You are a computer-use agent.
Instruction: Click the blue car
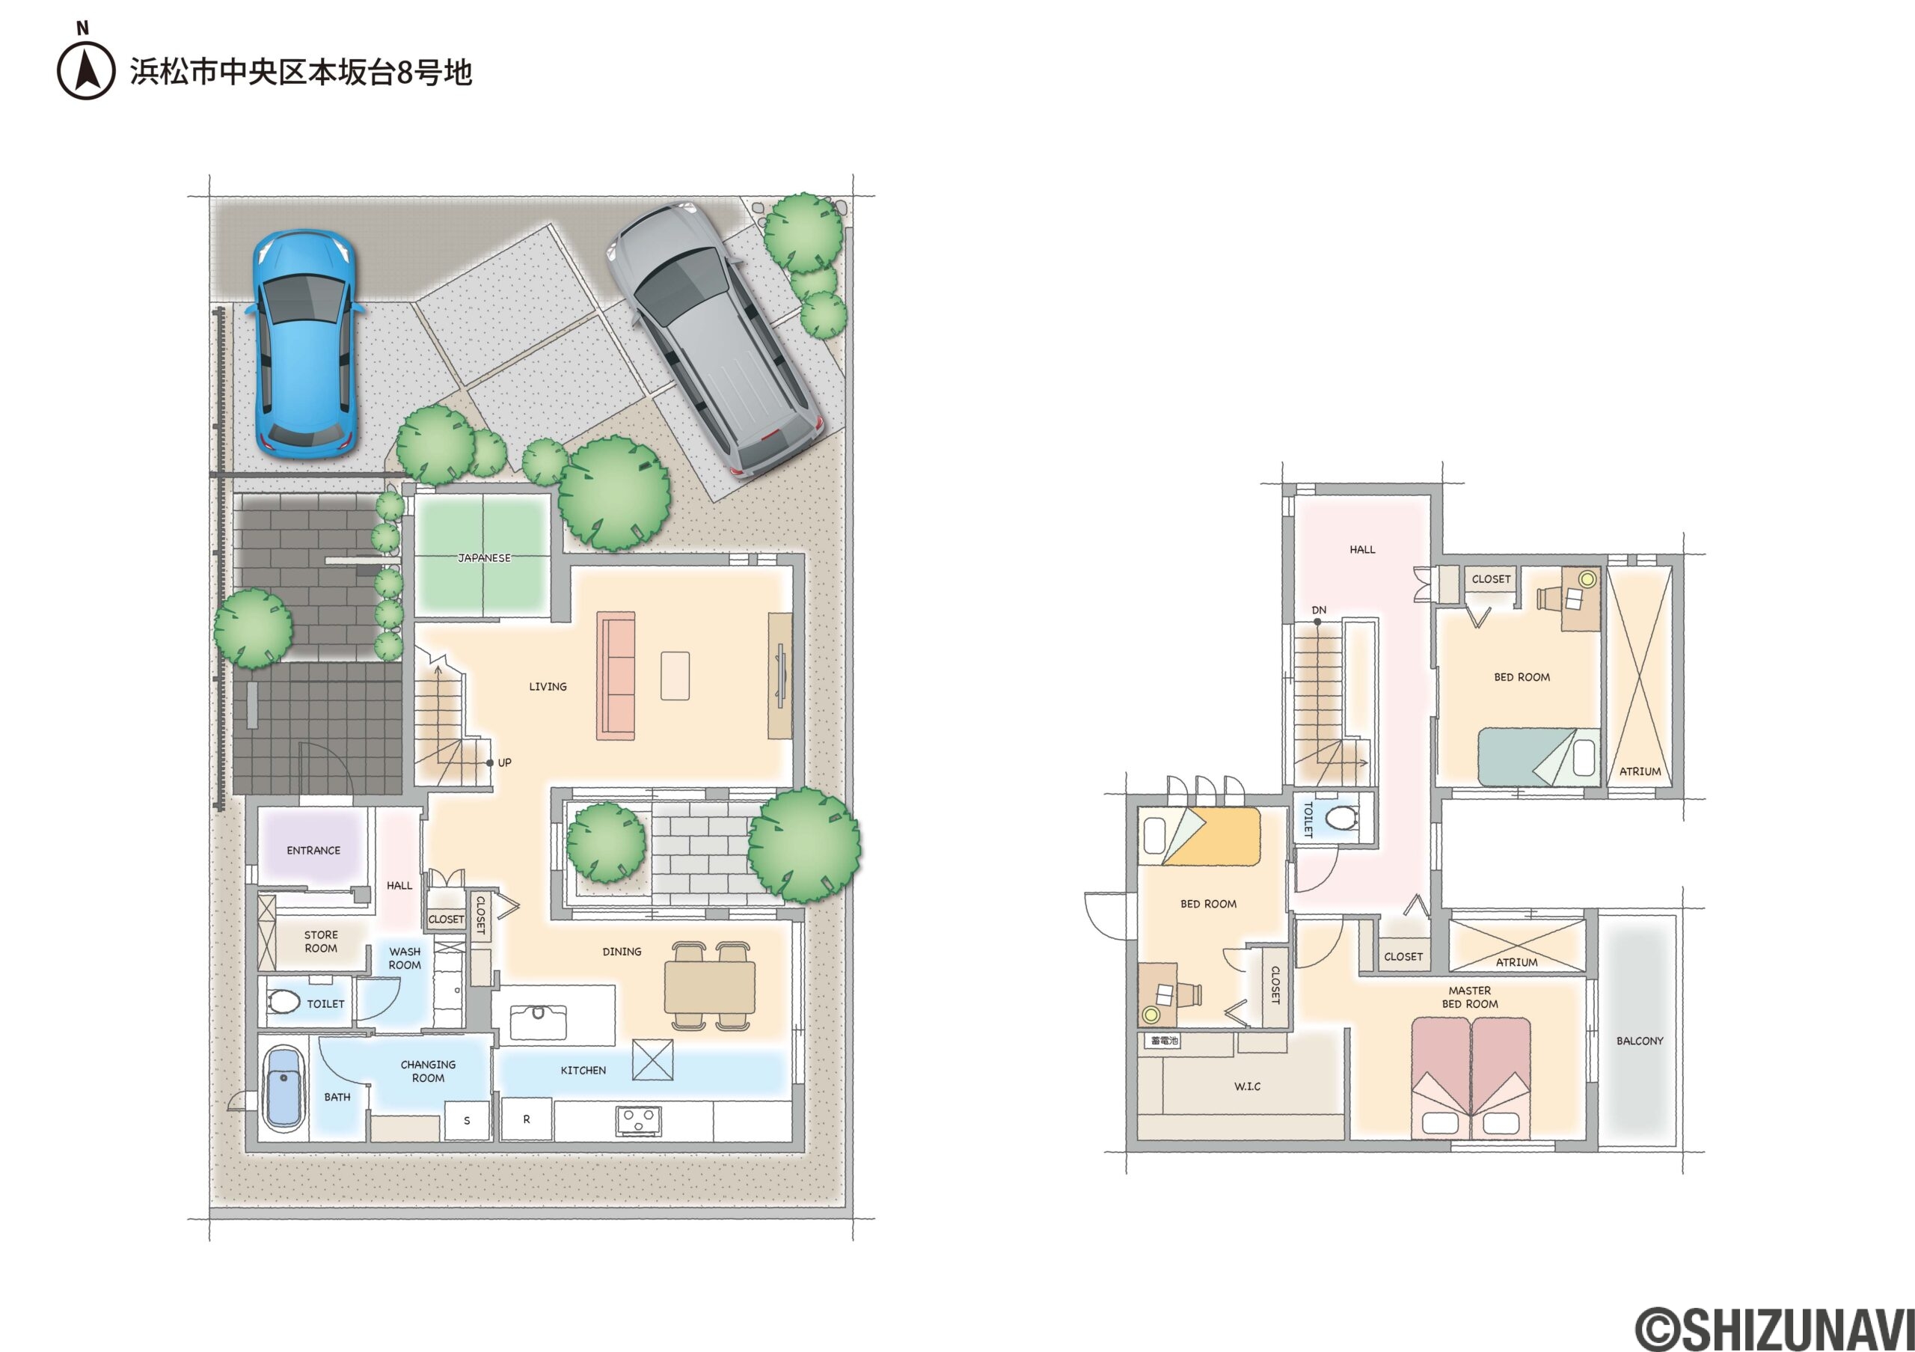click(x=305, y=342)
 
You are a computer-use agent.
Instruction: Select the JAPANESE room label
click(x=484, y=558)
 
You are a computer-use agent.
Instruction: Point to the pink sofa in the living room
click(x=616, y=676)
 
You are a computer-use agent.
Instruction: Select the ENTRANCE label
click(x=313, y=851)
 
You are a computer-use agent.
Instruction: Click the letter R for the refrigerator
click(x=527, y=1119)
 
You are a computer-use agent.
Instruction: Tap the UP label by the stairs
click(x=505, y=762)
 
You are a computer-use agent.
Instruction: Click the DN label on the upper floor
click(x=1319, y=610)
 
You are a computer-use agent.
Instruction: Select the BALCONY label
click(x=1640, y=1041)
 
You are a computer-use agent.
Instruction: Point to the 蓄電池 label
click(x=1163, y=1041)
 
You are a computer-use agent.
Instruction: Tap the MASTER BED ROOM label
click(x=1470, y=997)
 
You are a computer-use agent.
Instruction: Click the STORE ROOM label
click(x=321, y=942)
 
